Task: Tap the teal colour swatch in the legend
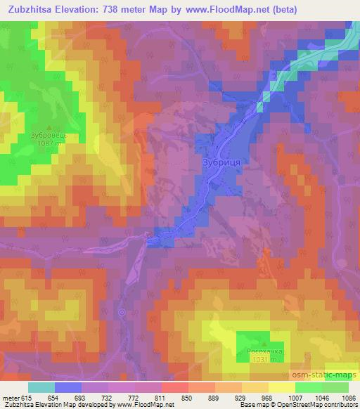[x=41, y=388]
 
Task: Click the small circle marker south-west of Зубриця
[x=122, y=312]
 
